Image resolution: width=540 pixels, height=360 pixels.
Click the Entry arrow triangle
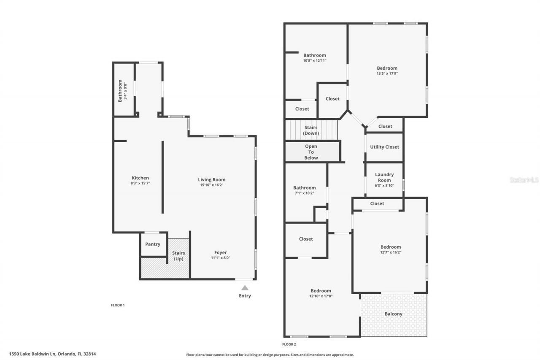point(245,288)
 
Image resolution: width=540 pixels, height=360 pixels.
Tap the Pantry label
point(153,244)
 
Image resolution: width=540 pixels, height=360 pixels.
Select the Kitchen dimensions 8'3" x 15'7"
point(140,184)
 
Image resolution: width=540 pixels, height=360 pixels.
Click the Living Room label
point(212,179)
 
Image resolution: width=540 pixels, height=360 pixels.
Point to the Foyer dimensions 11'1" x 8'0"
point(221,258)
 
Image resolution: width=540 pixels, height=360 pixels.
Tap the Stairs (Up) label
point(179,256)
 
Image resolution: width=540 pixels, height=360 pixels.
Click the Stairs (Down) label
point(311,130)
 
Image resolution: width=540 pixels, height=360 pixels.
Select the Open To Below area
point(311,152)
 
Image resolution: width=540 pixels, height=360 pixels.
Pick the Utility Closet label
point(384,147)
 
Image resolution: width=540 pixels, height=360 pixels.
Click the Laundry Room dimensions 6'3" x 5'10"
point(384,185)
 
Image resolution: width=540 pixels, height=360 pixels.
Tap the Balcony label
point(393,314)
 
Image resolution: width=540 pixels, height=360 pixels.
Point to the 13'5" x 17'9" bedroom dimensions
point(387,73)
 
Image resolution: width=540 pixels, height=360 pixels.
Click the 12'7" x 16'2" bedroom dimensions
point(391,252)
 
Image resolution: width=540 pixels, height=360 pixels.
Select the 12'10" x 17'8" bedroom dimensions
point(321,296)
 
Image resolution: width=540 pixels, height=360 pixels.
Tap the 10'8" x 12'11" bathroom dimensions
point(315,60)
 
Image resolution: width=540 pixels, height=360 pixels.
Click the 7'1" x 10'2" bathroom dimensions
point(304,193)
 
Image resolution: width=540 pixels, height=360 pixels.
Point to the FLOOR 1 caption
point(118,305)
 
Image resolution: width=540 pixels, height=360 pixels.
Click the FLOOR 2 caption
point(289,344)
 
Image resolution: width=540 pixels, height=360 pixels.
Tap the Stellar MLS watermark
point(524,180)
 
